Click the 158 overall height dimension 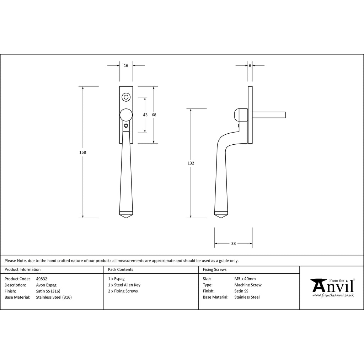tap(83, 152)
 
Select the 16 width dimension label tap(126, 66)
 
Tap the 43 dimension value tap(145, 115)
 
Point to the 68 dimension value tap(154, 115)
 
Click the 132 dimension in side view tap(191, 163)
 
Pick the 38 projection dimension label tap(233, 243)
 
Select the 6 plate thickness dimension tap(250, 66)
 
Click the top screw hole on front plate tap(126, 97)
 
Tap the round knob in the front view tap(126, 115)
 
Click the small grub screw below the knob tap(126, 125)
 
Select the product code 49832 tap(42, 279)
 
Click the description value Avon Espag tap(46, 285)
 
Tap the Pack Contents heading tap(121, 270)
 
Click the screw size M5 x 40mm tap(245, 279)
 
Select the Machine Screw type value tap(248, 285)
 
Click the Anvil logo tap(332, 287)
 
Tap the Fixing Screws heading tap(214, 270)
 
